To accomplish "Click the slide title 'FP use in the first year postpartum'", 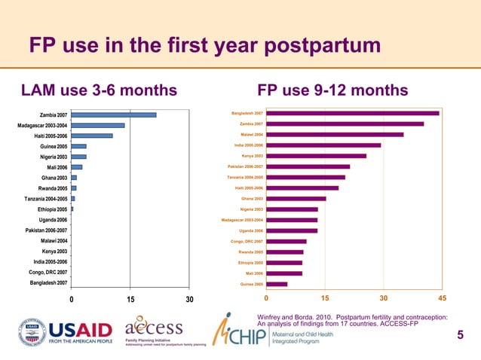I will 204,47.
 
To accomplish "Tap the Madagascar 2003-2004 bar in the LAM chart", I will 98,125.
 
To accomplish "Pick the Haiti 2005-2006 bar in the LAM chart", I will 92,136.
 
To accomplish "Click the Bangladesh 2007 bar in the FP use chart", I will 351,113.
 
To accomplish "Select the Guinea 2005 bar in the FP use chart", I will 276,284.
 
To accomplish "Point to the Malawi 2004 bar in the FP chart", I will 334,134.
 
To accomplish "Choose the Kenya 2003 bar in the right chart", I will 315,156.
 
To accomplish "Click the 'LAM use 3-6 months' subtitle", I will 99,91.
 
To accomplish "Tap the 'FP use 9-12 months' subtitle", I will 332,91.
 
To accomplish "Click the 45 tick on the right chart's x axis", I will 443,300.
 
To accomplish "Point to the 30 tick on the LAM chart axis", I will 189,300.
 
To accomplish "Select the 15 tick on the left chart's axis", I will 130,300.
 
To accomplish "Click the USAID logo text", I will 81,332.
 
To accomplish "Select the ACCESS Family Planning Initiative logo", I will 155,332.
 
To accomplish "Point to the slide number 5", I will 461,334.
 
